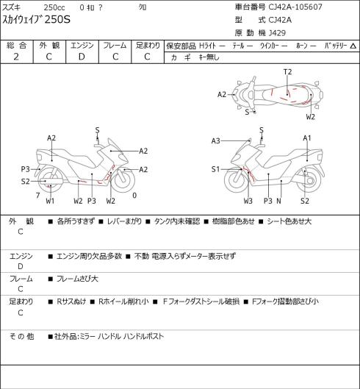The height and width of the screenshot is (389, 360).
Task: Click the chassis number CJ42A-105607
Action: click(x=295, y=7)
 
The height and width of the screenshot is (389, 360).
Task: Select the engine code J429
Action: click(x=277, y=33)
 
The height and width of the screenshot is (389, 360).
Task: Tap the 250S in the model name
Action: click(x=57, y=19)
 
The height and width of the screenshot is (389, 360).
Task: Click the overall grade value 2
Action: click(x=16, y=57)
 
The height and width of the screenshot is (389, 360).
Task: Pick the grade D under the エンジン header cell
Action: click(x=82, y=57)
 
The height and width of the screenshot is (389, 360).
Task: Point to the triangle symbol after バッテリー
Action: click(x=353, y=46)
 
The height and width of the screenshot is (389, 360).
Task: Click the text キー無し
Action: click(x=209, y=57)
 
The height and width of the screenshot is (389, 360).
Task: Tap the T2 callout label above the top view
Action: click(x=287, y=72)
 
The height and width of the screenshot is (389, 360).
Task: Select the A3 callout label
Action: click(x=216, y=141)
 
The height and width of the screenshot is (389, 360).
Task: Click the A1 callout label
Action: click(x=307, y=138)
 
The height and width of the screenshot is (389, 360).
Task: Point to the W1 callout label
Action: click(x=50, y=201)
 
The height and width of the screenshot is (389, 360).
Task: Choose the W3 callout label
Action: click(x=248, y=201)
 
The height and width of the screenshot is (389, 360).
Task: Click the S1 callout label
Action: click(x=215, y=169)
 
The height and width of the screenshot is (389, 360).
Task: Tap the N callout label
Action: click(x=279, y=201)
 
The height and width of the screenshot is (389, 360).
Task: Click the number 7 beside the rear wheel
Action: click(x=37, y=196)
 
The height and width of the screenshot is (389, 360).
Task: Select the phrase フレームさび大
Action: click(x=77, y=279)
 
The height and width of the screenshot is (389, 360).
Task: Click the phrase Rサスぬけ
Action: click(x=71, y=301)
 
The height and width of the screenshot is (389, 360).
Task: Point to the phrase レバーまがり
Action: click(x=124, y=221)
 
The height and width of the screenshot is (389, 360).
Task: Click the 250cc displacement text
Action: click(x=54, y=7)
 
